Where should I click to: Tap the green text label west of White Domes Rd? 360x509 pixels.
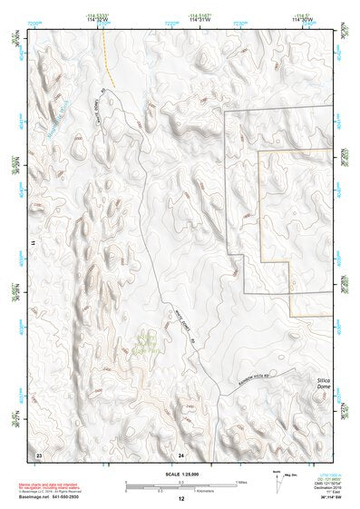pyautogui.click(x=146, y=342)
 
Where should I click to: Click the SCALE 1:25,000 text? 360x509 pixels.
pyautogui.click(x=180, y=474)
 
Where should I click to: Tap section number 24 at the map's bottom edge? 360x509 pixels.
pyautogui.click(x=181, y=453)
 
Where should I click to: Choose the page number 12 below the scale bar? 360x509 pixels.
pyautogui.click(x=181, y=499)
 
